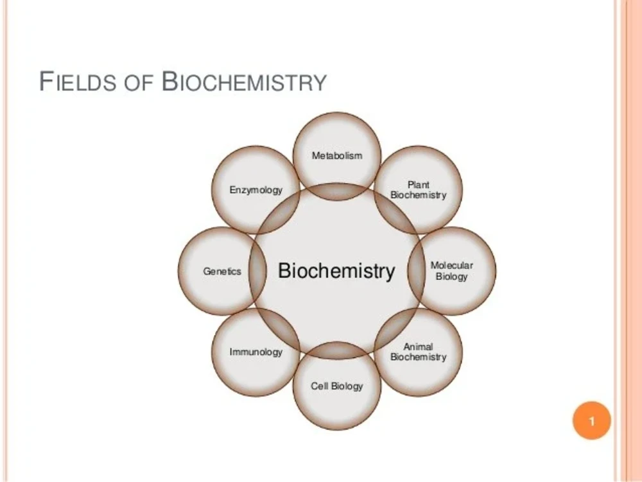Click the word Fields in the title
click(78, 82)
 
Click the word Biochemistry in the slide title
click(245, 82)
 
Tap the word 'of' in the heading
click(139, 82)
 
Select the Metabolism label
click(337, 155)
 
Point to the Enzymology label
click(256, 190)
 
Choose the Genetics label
click(222, 271)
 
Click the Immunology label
click(256, 352)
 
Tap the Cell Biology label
click(337, 386)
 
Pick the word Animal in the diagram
click(418, 347)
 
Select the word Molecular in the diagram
click(451, 266)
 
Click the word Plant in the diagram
click(418, 185)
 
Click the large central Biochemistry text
click(336, 271)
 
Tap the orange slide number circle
click(592, 420)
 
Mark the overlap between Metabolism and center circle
click(336, 191)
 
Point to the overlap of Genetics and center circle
click(257, 271)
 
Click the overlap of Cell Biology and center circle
click(336, 350)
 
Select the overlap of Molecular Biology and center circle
click(416, 271)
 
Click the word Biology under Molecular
click(451, 277)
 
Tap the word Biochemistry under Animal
click(418, 357)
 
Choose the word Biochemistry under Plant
click(418, 195)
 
